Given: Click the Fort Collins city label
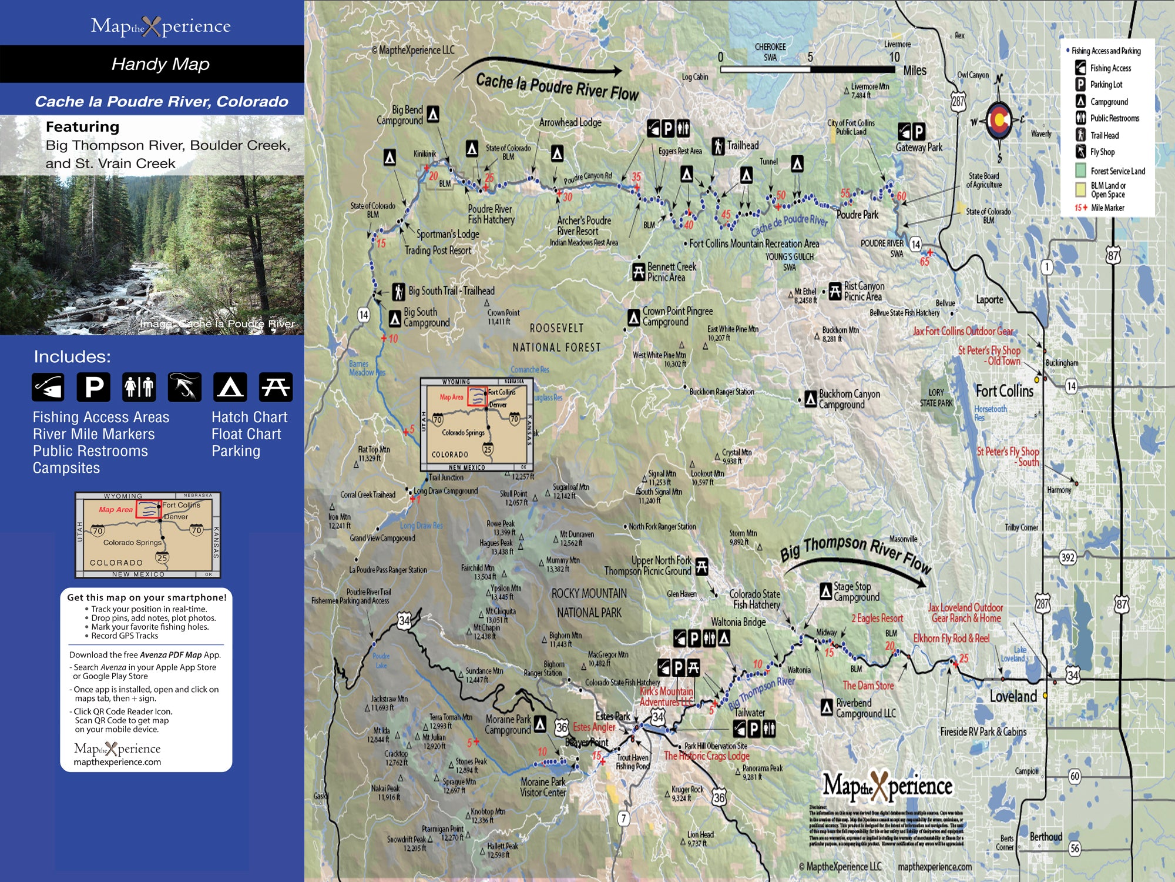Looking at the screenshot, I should point(1004,391).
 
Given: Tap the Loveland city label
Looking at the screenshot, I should point(1013,697).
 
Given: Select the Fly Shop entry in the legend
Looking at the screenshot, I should point(1102,152).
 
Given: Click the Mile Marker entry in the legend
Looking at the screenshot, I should point(1107,208).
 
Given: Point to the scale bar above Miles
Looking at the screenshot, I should point(808,69).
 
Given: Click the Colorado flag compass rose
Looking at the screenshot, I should point(999,121).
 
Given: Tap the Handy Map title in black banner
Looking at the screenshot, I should point(160,64).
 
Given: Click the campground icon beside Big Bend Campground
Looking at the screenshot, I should point(433,113).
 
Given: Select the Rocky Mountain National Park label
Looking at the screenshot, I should point(589,603).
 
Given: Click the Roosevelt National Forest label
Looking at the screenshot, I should point(556,338).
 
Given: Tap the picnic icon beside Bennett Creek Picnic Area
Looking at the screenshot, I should point(639,272).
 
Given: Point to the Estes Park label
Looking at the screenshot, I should point(612,716).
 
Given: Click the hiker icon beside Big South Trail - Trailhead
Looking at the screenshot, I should point(399,291).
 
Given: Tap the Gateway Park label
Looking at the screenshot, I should point(919,148).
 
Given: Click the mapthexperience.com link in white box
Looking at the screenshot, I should point(117,762).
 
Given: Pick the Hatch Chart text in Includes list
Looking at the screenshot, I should point(249,417).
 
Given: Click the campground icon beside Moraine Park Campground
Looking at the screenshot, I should point(540,724).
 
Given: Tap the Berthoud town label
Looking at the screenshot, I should point(1046,837).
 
